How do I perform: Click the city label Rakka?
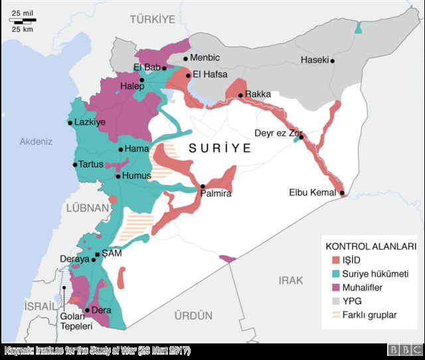click(x=258, y=95)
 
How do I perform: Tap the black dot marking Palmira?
click(x=203, y=187)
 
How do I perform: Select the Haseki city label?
click(x=314, y=60)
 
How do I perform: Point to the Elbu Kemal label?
click(x=313, y=193)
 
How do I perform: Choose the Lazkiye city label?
click(x=90, y=123)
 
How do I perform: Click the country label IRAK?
click(x=290, y=281)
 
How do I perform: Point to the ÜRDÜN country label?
click(x=193, y=315)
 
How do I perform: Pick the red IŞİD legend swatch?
click(x=336, y=260)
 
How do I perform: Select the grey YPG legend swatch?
click(x=336, y=301)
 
